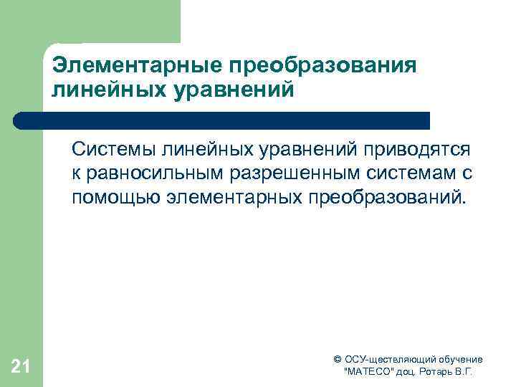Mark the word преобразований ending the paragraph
[x=387, y=197]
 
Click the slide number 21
[x=21, y=368]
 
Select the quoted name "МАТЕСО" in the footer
[x=370, y=373]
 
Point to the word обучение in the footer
[x=457, y=359]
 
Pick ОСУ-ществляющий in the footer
[x=387, y=359]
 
